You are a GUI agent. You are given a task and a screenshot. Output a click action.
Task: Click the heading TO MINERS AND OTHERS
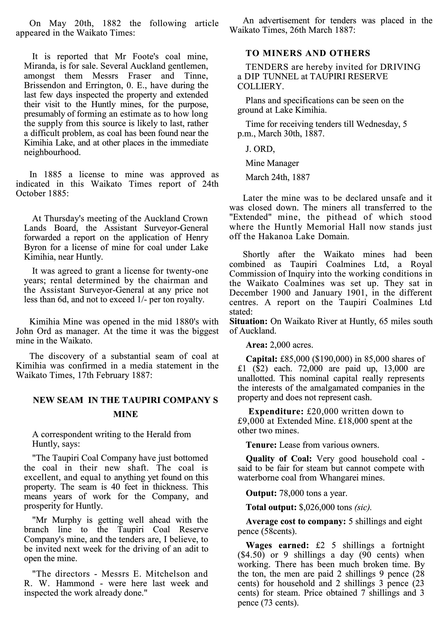point(308,53)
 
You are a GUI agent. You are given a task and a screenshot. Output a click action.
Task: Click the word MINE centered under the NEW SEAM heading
point(125,414)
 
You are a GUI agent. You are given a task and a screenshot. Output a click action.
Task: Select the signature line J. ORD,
point(260,149)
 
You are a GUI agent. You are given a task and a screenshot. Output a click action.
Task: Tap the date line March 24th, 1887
point(278,177)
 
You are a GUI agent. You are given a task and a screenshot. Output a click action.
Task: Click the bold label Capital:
point(262,359)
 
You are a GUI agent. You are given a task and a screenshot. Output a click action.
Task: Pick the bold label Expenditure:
point(276,411)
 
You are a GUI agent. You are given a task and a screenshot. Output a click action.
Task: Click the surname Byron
point(34,247)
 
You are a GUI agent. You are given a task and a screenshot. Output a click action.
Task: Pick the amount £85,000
point(295,359)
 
